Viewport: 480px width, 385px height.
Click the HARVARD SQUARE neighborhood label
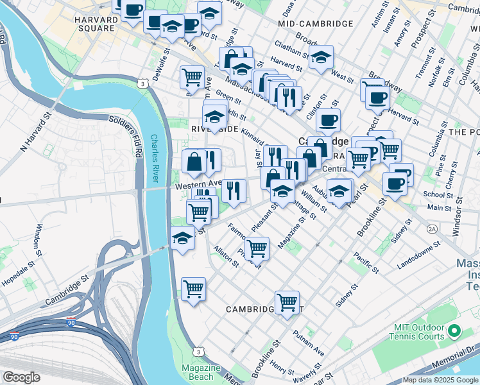(x=97, y=25)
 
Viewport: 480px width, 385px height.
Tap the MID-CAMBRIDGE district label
(x=316, y=24)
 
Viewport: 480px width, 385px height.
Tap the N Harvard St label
(x=36, y=134)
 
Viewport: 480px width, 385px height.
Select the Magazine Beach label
(x=201, y=372)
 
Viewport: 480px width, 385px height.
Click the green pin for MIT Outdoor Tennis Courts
(x=455, y=331)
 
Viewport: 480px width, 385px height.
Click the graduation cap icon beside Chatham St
(x=321, y=57)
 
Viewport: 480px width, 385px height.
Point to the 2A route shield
(x=432, y=228)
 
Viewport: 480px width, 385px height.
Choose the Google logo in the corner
(x=21, y=377)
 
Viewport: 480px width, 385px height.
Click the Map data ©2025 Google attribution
(x=440, y=380)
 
